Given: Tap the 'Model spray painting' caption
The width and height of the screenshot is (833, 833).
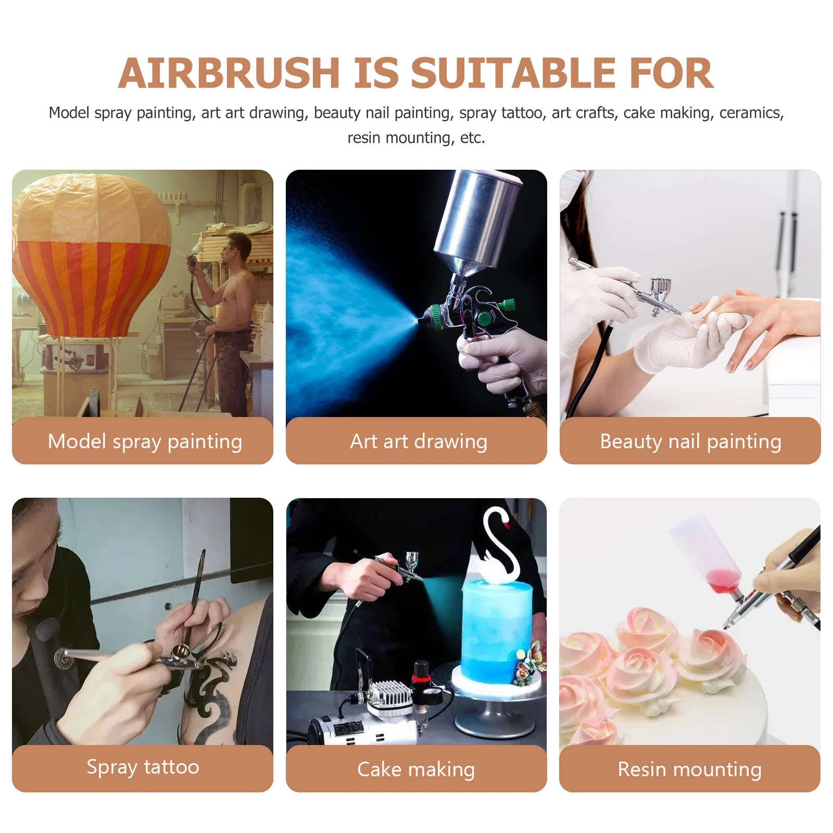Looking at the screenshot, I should tap(145, 441).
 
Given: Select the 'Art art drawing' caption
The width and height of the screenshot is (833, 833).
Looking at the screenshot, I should tap(419, 441).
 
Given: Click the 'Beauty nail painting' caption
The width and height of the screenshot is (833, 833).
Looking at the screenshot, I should tap(690, 441).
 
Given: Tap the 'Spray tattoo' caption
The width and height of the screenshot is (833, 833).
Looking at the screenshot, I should tap(143, 767).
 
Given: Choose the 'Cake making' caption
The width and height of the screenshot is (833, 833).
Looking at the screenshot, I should tap(416, 769).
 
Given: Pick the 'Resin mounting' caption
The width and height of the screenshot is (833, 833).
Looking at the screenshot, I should tap(689, 769).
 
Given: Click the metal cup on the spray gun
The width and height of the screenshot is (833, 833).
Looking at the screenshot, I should tap(476, 219).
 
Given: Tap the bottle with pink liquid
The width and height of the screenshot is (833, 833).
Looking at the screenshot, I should tap(708, 557).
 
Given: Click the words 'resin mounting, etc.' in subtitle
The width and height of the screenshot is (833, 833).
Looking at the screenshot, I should tap(416, 138).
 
